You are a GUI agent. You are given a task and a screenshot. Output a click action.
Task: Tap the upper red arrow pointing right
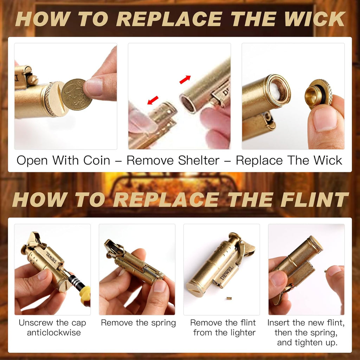pyautogui.click(x=185, y=79)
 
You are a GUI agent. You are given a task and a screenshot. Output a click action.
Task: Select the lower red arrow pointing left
pyautogui.click(x=153, y=100)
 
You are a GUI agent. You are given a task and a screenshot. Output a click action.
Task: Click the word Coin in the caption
pyautogui.click(x=97, y=160)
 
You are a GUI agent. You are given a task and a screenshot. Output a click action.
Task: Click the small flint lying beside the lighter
pyautogui.click(x=229, y=298)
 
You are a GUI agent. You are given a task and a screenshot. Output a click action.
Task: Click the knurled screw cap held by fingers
pyautogui.click(x=319, y=93)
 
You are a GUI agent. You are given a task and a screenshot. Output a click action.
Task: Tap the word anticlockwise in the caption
pyautogui.click(x=54, y=333)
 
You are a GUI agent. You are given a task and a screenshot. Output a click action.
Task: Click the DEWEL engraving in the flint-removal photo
pyautogui.click(x=226, y=273)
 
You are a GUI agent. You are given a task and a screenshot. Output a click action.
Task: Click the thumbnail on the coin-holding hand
pyautogui.click(x=94, y=87)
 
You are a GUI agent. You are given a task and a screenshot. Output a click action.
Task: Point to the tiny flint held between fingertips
pyautogui.click(x=326, y=271)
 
